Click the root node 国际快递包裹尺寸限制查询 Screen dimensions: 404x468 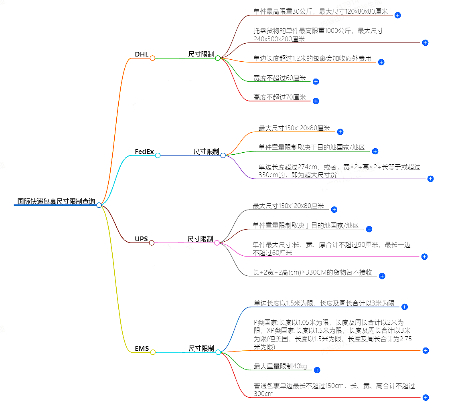56,201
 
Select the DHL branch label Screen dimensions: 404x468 142,54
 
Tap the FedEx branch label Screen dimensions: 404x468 144,151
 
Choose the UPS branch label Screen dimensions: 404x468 141,239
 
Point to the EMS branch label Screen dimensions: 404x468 142,348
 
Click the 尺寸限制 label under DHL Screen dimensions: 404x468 201,54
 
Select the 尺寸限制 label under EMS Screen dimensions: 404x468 201,348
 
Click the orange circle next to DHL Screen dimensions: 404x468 152,58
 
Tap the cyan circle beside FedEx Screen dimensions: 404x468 158,156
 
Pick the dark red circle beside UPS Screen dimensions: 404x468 152,243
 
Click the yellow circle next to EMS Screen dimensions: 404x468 152,352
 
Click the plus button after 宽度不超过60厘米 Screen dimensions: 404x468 316,82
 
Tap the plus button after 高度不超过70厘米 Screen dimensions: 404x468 316,101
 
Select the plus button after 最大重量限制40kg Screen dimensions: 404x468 317,370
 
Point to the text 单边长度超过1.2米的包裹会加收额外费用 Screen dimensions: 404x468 312,58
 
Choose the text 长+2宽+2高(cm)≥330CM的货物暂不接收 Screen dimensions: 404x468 312,273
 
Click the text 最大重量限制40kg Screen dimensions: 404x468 280,366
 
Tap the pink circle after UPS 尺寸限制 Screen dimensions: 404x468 217,243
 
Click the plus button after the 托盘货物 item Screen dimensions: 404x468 425,43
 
